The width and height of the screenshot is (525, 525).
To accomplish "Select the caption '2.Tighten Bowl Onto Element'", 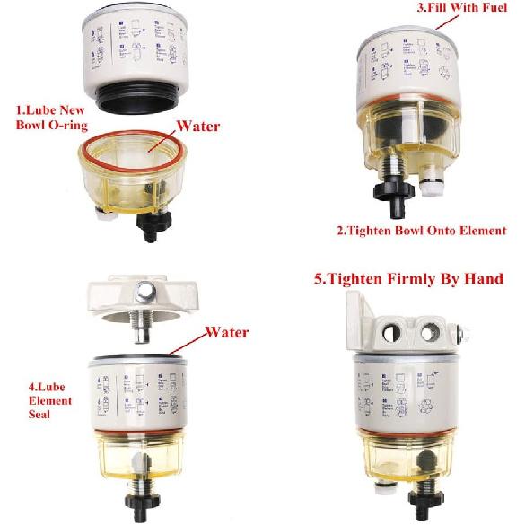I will [421, 230].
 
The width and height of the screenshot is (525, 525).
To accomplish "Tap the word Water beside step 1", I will [199, 125].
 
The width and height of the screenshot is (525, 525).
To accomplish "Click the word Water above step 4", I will [226, 331].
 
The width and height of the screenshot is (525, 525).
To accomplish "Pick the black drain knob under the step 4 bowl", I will [141, 503].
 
